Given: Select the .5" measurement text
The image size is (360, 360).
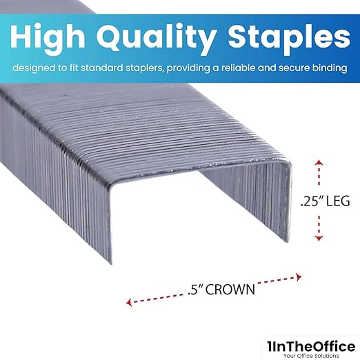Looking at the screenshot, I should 197,290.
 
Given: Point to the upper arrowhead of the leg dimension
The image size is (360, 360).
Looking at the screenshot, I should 318,162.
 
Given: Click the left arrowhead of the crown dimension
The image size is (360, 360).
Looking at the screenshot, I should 128,301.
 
